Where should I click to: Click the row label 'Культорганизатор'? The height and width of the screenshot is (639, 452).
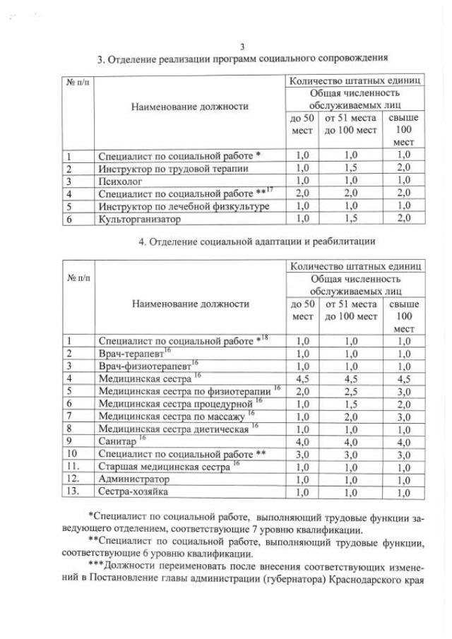(x=134, y=219)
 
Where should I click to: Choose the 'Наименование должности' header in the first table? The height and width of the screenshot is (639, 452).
(x=189, y=106)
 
